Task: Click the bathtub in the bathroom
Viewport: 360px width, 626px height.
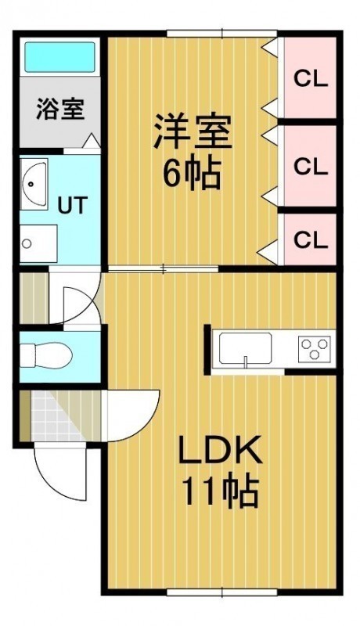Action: coord(60,56)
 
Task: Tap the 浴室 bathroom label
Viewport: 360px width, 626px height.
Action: coord(60,109)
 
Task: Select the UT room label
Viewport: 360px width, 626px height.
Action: coord(72,206)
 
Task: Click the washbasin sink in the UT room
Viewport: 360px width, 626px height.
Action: coord(34,184)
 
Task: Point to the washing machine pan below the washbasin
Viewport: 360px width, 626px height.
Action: coord(38,243)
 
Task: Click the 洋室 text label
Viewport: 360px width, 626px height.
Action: coord(193,131)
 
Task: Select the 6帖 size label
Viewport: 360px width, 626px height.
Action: coord(192,174)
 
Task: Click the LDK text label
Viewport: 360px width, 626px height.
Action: coord(221,451)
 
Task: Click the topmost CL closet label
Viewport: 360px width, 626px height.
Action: coord(311,80)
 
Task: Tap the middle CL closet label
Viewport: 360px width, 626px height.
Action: coord(311,167)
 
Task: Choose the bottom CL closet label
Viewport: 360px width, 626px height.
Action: coord(311,240)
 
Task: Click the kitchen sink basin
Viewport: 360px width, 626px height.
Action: coord(246,348)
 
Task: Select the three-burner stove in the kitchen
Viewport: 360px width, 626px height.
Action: coord(315,347)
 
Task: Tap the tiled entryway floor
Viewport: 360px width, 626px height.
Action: coord(59,416)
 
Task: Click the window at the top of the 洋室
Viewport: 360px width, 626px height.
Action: coord(222,34)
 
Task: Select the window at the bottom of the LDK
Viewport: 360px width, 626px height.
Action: coord(222,592)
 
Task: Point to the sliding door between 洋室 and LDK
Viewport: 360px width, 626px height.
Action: coord(164,268)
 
